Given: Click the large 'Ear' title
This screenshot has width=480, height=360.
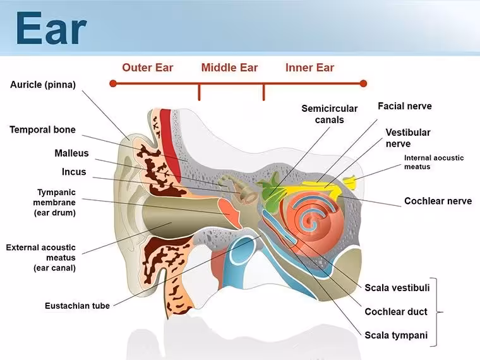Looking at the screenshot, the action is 51,28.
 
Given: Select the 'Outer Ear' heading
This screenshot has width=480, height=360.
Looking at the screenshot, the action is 148,68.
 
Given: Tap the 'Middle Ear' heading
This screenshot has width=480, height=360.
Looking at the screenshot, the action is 229,68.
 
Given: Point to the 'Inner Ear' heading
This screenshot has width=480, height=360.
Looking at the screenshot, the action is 309,68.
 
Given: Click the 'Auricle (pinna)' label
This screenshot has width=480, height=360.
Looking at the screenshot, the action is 43,85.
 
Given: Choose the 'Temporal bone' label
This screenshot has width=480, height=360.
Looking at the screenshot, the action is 42,129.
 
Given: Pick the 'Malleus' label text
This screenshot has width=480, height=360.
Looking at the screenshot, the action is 71,153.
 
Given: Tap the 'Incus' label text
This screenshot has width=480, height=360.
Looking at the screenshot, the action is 74,172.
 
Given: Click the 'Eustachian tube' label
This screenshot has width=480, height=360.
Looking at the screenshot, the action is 77,306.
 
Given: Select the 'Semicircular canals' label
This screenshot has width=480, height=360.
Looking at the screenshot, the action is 330,114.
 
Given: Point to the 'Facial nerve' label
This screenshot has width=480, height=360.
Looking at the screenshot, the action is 405,106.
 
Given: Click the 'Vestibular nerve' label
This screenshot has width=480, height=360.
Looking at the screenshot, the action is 408,138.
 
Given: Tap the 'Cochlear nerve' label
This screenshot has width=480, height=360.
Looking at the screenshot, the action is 438,201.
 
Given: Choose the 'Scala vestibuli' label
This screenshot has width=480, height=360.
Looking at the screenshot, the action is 397,288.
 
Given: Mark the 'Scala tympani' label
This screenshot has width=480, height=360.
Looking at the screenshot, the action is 396,335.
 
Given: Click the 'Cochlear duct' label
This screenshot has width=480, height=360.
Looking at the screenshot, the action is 396,311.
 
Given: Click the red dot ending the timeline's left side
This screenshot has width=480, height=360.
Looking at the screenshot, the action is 113,83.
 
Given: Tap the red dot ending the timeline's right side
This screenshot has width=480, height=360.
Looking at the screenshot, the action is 363,83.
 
